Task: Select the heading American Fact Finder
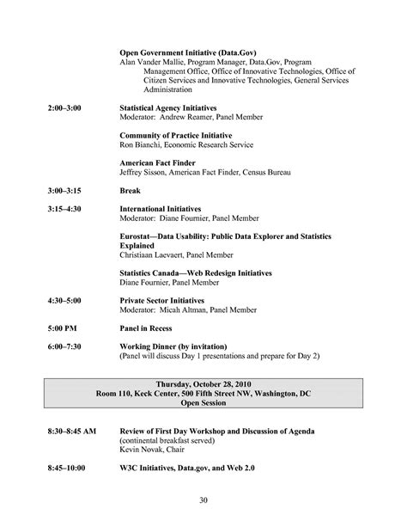157,162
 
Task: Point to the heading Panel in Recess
146,328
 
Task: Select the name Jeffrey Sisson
143,172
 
